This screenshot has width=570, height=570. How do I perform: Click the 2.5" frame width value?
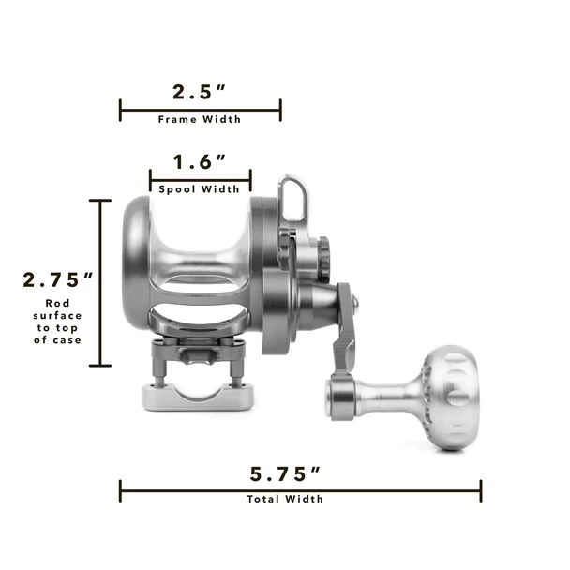tap(200, 93)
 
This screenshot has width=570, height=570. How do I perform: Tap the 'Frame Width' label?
tap(200, 119)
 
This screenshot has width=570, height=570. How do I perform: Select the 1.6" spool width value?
tap(200, 162)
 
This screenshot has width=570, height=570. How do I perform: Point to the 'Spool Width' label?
tap(200, 188)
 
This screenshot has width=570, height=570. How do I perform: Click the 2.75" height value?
tap(59, 279)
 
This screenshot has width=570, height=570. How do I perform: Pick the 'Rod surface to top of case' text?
tap(63, 322)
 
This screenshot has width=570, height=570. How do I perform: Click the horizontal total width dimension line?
tap(300, 488)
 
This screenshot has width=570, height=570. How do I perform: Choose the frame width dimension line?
tap(200, 111)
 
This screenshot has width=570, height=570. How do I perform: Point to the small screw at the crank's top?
tap(356, 302)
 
